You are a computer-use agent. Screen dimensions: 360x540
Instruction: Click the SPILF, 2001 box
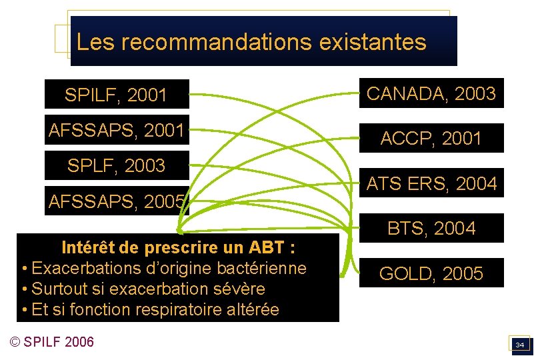click(116, 95)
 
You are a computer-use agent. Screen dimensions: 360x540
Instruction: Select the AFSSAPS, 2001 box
click(116, 130)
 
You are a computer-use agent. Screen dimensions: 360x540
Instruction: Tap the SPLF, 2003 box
click(116, 166)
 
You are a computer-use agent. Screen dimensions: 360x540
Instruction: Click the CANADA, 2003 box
click(431, 94)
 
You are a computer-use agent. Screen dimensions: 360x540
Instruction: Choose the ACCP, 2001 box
click(431, 138)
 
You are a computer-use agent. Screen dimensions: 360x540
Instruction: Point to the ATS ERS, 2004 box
click(431, 183)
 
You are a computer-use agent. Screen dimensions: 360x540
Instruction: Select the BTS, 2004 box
click(431, 229)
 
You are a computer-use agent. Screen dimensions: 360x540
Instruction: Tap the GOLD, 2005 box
click(431, 273)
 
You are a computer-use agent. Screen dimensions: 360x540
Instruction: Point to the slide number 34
click(520, 345)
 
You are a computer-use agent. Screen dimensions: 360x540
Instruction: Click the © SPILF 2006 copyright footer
click(52, 342)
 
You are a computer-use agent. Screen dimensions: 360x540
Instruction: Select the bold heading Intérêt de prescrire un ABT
click(178, 248)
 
